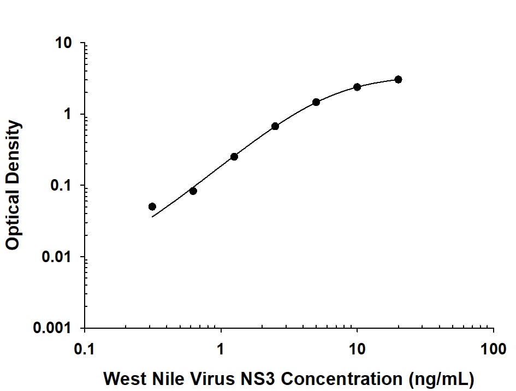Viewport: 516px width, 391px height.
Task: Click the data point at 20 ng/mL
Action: point(398,80)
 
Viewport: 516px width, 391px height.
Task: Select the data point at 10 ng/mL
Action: point(357,87)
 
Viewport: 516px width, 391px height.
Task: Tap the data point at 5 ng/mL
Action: point(316,102)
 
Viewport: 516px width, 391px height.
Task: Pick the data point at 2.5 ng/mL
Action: point(275,126)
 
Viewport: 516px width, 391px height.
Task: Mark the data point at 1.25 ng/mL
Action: point(234,157)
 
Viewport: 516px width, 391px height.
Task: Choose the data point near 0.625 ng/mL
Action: point(193,191)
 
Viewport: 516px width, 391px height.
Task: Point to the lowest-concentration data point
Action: point(152,206)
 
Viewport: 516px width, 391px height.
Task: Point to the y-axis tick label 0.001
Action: point(57,329)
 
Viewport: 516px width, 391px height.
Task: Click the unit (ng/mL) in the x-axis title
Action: point(437,378)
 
